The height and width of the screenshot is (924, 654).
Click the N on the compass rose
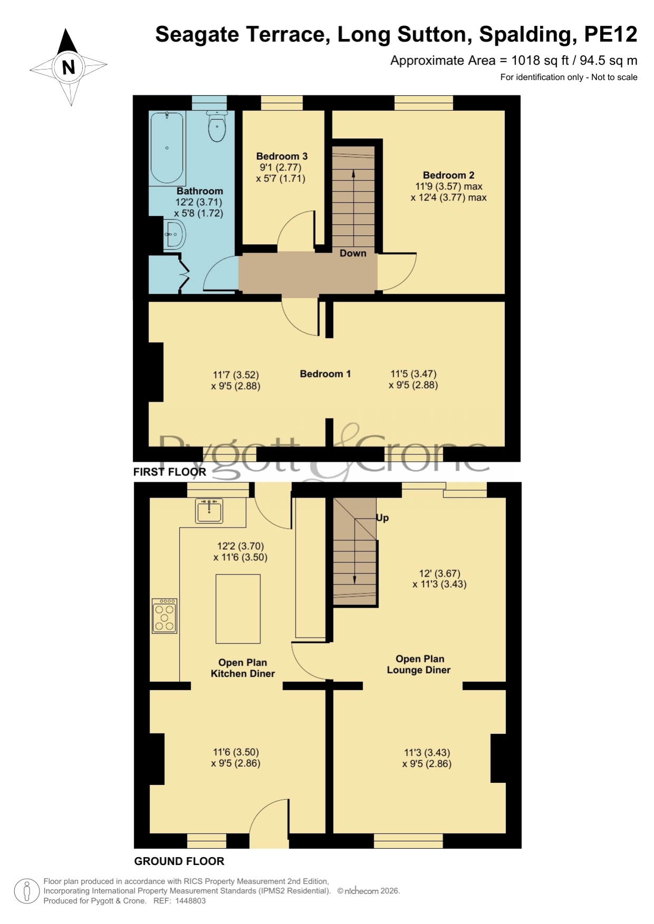[69, 67]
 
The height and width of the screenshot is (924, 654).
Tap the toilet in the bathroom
[217, 126]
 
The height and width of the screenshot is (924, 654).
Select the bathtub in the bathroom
[168, 147]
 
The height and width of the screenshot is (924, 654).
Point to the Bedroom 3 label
[282, 156]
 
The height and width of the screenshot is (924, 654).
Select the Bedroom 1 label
[325, 374]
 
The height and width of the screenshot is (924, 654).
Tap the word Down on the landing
[353, 253]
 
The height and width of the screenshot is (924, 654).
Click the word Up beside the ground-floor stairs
[382, 518]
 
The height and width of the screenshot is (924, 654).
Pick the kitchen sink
[209, 510]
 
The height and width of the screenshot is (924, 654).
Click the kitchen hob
[164, 615]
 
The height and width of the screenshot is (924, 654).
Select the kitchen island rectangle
[238, 609]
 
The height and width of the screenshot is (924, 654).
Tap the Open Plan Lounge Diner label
[419, 664]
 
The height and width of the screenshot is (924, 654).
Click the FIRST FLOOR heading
[170, 472]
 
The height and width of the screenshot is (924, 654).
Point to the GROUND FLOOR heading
[179, 861]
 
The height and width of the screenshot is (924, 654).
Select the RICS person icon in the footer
[26, 891]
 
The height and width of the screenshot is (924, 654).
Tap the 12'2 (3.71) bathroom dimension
[199, 202]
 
